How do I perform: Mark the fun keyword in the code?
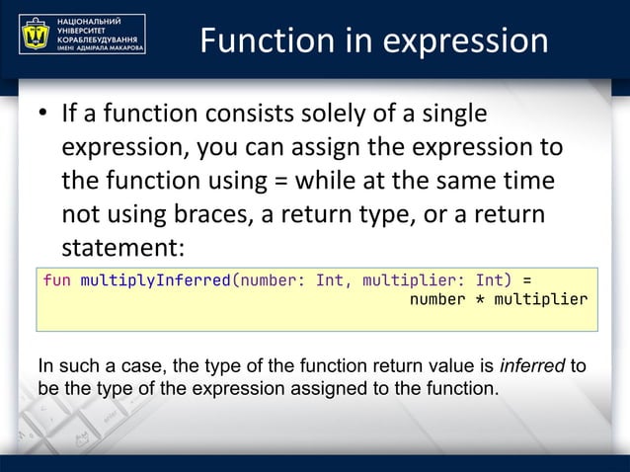click(56, 279)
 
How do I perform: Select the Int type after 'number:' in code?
click(329, 279)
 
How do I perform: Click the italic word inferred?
click(533, 367)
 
